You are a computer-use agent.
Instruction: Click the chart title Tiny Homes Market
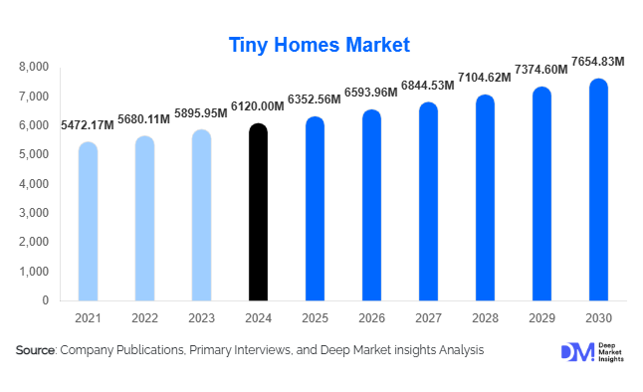tap(320, 45)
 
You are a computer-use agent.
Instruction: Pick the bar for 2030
tap(597, 189)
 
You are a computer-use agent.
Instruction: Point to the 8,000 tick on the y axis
tap(34, 67)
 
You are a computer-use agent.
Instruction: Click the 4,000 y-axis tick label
tap(34, 184)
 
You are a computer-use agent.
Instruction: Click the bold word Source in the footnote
tap(36, 350)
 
